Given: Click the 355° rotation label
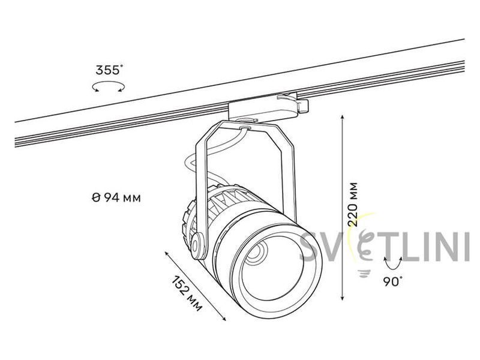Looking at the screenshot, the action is coord(109,70).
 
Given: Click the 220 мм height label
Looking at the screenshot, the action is coord(353,204).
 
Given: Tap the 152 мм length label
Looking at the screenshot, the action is coord(187,293).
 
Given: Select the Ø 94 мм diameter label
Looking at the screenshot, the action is coord(116,198).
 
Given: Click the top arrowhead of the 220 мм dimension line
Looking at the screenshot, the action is coord(343,116).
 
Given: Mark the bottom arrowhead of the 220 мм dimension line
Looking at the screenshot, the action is coord(343,298).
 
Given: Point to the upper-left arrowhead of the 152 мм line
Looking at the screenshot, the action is coord(167,253).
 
